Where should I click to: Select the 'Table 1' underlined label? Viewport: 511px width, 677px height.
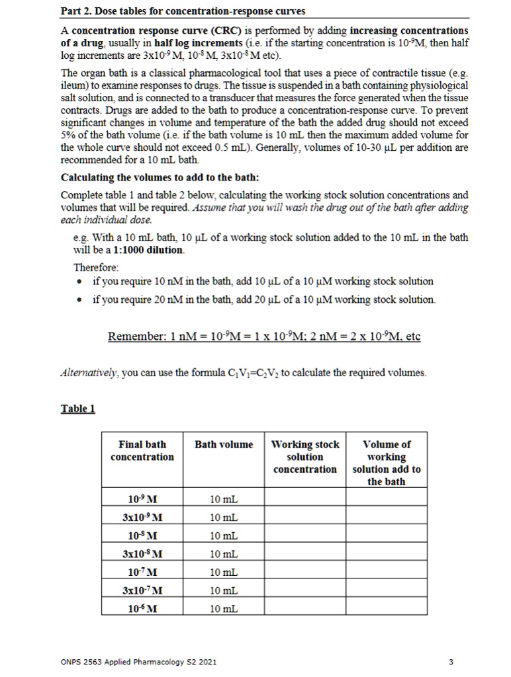point(78,409)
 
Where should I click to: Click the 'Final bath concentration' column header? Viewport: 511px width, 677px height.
point(142,450)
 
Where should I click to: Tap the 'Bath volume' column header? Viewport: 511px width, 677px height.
point(224,444)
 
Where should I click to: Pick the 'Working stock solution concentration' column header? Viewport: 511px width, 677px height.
point(305,456)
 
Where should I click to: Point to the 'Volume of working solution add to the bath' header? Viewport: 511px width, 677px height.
point(387,463)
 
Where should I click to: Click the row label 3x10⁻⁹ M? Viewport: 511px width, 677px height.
point(142,516)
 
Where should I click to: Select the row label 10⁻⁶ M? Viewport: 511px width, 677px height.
point(142,608)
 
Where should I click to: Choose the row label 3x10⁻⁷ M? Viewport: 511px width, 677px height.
point(142,590)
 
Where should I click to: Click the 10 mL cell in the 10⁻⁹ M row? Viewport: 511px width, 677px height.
point(224,498)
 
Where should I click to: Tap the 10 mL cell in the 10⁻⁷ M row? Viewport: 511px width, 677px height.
point(224,571)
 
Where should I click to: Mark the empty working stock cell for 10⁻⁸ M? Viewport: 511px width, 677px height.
point(305,534)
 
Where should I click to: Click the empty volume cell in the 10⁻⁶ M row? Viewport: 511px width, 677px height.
point(387,608)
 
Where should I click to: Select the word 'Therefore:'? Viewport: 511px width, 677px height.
point(96,268)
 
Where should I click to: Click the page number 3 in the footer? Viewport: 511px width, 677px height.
point(451,662)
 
